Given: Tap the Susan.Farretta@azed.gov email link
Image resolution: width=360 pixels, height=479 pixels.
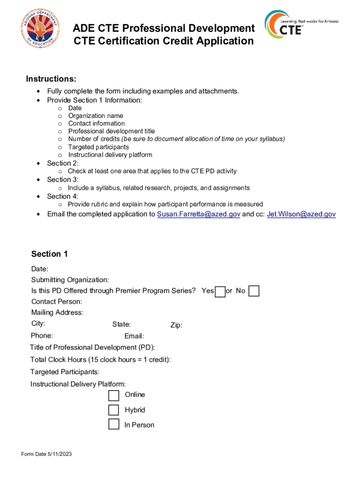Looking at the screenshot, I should tap(198, 214).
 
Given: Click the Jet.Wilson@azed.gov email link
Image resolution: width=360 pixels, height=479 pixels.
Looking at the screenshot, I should tap(301, 214).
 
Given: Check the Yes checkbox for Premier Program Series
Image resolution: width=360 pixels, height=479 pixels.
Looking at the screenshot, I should tap(220, 291).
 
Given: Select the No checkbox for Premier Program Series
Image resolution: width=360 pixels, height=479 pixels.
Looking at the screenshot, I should tap(254, 291).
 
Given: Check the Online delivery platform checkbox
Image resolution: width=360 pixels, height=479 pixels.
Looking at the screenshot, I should tap(114, 396).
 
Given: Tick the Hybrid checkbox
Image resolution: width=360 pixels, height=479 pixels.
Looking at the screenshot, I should tap(114, 410).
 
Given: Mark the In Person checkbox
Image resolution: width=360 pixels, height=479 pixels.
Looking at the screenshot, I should tap(114, 425).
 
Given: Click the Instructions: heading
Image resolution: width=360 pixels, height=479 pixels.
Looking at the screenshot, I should tap(51, 79).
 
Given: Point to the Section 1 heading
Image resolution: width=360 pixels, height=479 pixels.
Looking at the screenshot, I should tap(50, 254).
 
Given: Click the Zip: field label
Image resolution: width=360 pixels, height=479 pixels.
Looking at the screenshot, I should tap(176, 326).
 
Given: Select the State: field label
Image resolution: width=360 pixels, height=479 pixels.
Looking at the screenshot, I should tap(121, 325).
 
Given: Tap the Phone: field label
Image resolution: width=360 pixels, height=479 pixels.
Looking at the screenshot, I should tap(42, 335).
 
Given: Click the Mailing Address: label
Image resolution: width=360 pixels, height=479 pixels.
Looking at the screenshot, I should tap(57, 312).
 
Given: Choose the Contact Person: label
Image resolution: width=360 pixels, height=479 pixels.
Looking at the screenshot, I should tap(57, 302).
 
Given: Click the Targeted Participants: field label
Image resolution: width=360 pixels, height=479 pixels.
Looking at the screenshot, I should tap(65, 372).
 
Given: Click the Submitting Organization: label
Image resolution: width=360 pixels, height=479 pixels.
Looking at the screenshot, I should tap(70, 280).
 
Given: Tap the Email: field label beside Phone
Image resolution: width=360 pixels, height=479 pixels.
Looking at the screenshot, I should tap(134, 336).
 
